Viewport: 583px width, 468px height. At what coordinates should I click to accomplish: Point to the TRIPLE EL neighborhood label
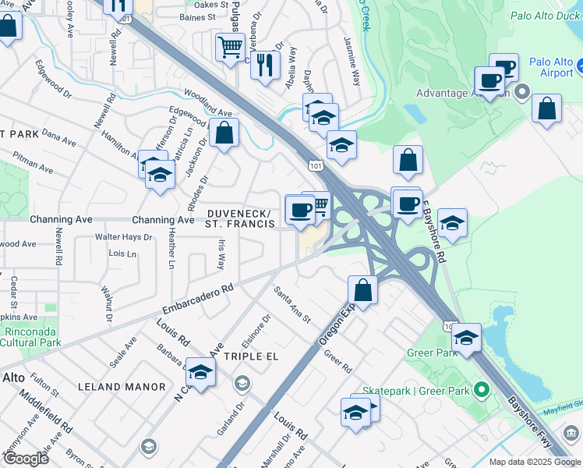pyautogui.click(x=251, y=356)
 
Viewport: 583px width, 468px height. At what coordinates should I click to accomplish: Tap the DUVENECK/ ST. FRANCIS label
pyautogui.click(x=241, y=219)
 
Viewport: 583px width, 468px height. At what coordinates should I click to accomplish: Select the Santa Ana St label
pyautogui.click(x=292, y=305)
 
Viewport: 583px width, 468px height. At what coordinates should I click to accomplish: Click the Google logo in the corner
pyautogui.click(x=25, y=458)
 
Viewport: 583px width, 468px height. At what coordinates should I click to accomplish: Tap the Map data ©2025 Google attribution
pyautogui.click(x=534, y=462)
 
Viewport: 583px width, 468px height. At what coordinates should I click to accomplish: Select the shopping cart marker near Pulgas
pyautogui.click(x=230, y=49)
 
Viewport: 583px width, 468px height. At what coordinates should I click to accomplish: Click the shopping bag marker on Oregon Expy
pyautogui.click(x=363, y=290)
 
